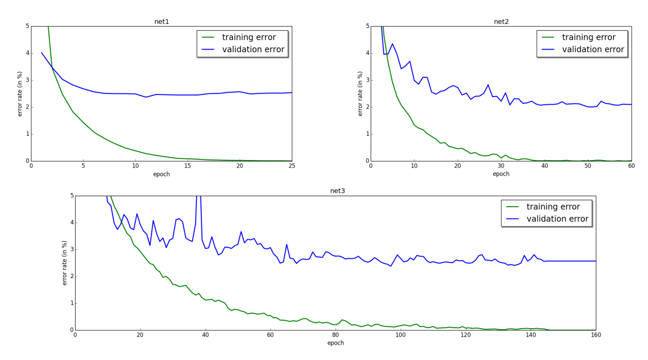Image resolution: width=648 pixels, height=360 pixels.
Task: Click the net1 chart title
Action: point(161,22)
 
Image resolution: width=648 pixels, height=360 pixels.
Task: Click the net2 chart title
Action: point(501,22)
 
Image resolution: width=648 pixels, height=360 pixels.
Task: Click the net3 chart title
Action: point(338,191)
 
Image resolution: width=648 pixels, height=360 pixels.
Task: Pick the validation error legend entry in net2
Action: point(593,50)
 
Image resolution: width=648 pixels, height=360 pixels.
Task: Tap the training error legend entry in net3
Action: point(557,207)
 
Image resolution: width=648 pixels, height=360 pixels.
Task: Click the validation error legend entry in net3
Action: point(557,219)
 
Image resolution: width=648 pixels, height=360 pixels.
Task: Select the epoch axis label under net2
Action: point(501,174)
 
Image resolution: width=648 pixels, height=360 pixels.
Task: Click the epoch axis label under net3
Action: point(335,343)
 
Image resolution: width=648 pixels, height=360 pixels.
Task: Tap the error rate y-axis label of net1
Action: point(20,93)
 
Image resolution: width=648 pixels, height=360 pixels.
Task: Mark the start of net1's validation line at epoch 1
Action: point(42,53)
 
